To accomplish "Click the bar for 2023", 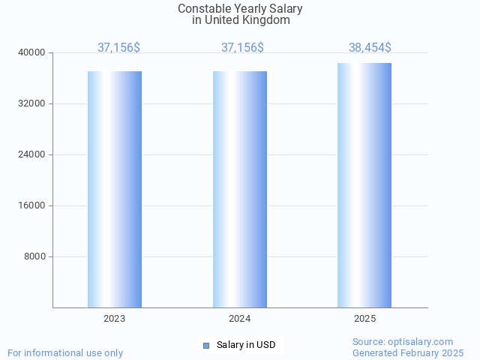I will tap(115, 189).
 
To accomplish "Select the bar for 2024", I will tap(240, 189).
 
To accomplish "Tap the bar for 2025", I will tap(364, 185).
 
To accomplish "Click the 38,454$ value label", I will tap(370, 48).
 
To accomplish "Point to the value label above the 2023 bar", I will tap(118, 48).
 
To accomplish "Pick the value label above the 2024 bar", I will tap(242, 48).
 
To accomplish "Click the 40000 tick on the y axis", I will tap(32, 52).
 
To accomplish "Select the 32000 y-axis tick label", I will tap(32, 103).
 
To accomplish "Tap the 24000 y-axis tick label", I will tap(32, 154).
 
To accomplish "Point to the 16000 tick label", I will tap(32, 205).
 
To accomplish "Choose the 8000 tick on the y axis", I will tap(34, 256).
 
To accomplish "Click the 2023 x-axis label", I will tap(115, 319).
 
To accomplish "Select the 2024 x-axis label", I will tap(240, 319).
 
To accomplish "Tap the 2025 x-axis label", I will tap(364, 319).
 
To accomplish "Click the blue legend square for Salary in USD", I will tap(206, 345).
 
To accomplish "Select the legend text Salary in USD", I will tap(246, 345).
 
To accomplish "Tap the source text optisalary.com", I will tap(424, 341).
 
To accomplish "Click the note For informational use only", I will tap(65, 352).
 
